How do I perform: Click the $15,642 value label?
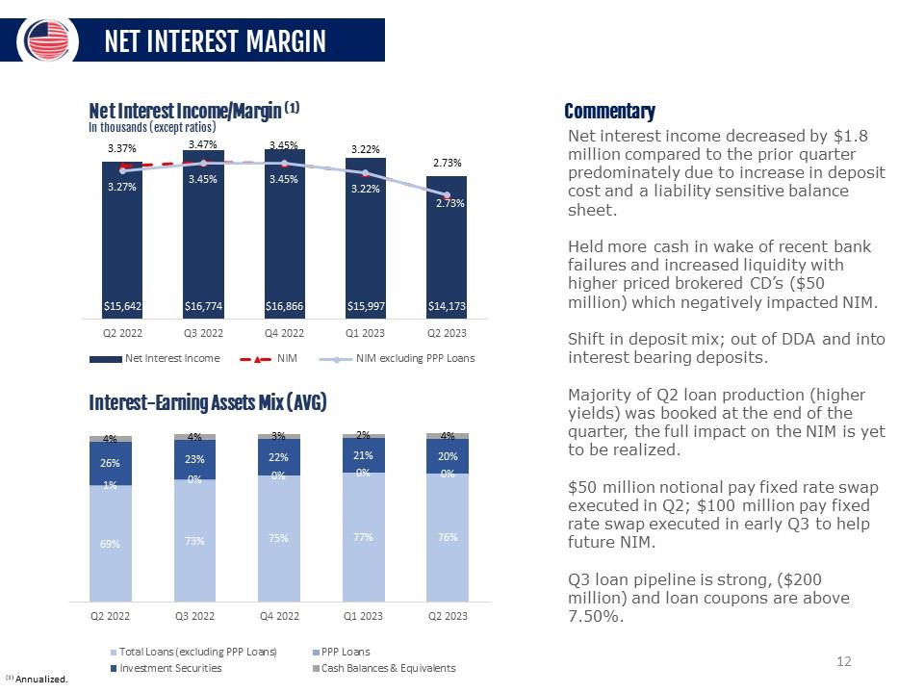pos(122,306)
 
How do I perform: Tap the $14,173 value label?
pos(447,306)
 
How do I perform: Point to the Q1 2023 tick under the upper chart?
pos(366,333)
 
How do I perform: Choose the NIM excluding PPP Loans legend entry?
pos(415,358)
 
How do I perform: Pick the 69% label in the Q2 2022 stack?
pos(110,544)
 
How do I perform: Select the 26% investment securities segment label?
pos(110,463)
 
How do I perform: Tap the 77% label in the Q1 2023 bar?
pos(363,538)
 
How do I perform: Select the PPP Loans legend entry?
pos(346,652)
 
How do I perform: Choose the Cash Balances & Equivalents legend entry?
pos(388,668)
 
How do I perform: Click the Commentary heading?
pos(609,112)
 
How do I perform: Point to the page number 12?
pos(844,661)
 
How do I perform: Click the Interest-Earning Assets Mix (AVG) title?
pos(208,402)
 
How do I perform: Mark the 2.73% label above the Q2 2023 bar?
pos(447,164)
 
